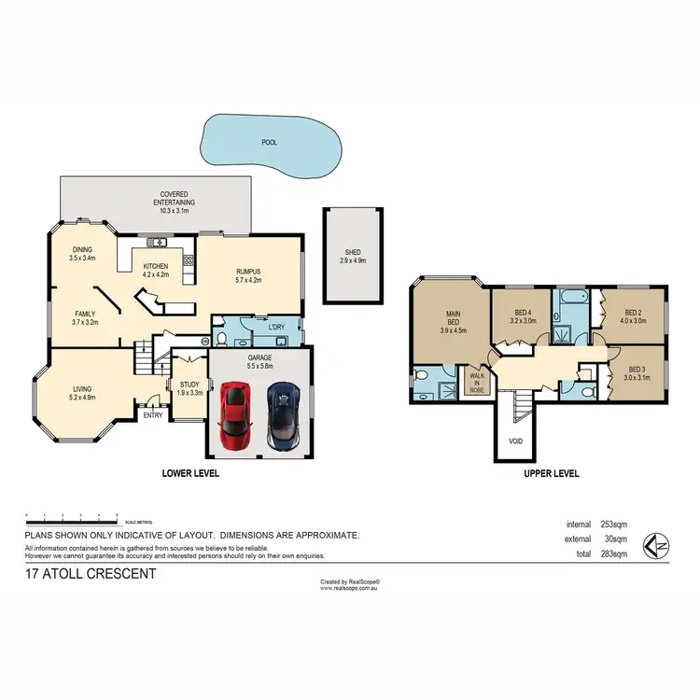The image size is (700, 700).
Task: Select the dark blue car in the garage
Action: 283,413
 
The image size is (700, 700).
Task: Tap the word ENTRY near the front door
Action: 152,415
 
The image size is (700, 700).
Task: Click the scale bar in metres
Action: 73,515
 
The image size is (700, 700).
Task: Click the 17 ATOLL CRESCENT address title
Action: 90,574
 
